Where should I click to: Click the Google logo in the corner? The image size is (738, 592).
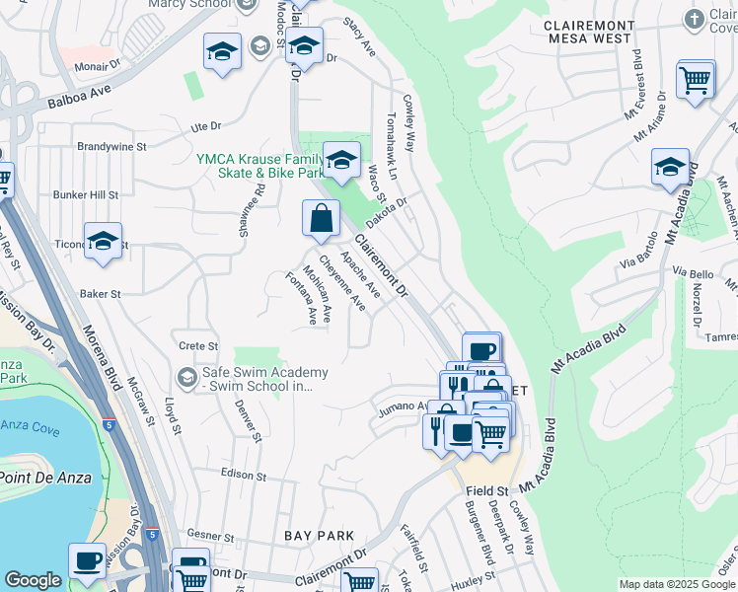click(33, 580)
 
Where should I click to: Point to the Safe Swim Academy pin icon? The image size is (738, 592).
click(185, 377)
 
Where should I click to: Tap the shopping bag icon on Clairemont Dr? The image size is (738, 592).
click(322, 219)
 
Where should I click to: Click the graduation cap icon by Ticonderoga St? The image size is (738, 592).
click(103, 243)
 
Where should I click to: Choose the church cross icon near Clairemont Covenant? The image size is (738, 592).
click(696, 19)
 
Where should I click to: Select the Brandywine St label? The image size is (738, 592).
click(112, 146)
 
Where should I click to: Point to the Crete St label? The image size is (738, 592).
click(198, 346)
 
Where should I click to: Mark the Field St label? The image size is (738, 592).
click(487, 490)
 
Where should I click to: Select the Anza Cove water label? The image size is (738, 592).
click(31, 428)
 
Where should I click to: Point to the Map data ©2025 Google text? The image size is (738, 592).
click(677, 584)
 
